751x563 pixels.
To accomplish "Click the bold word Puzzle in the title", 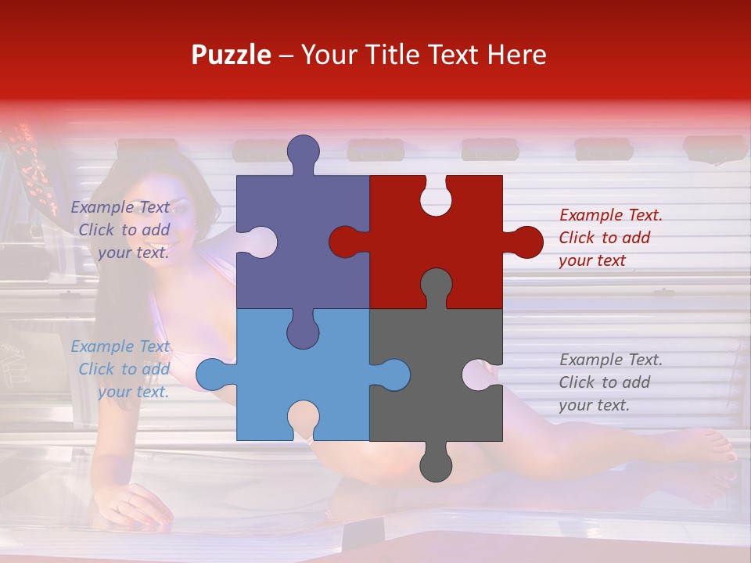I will tap(232, 55).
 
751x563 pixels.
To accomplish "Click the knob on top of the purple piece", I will tap(303, 152).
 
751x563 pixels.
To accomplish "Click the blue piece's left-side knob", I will tap(213, 375).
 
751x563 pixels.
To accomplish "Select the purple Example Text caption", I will tap(121, 230).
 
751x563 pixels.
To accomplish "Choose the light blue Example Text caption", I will tap(121, 369).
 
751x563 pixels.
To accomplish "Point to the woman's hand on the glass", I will tap(137, 504).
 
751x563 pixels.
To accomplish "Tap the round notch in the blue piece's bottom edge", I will tap(303, 419).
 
